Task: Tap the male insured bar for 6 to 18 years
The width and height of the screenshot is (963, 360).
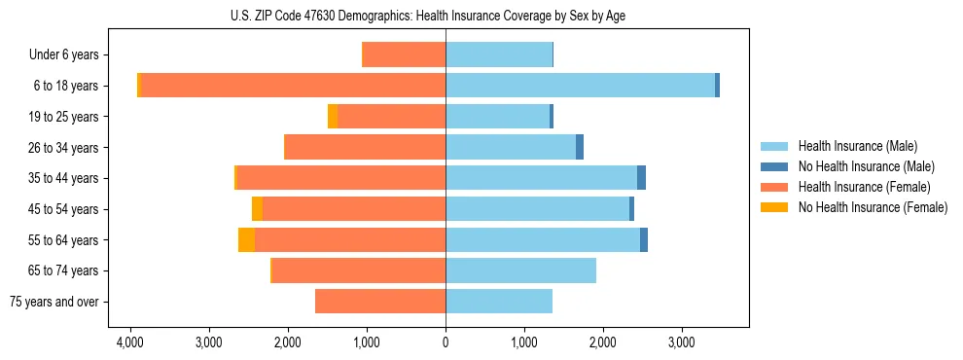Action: click(x=580, y=86)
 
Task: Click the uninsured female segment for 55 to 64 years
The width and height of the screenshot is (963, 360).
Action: click(x=246, y=240)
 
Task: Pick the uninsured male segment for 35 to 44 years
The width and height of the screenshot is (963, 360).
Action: click(x=641, y=178)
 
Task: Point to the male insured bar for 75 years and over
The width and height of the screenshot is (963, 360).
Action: click(x=499, y=302)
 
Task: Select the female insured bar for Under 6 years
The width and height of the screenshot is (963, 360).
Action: click(x=404, y=55)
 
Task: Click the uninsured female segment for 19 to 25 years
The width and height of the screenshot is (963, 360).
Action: click(x=333, y=117)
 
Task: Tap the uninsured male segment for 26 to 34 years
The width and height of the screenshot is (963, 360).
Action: click(x=580, y=148)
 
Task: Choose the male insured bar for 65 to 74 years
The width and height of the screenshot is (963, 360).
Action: click(x=520, y=270)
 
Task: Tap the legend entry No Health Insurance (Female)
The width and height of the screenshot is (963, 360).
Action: click(x=873, y=207)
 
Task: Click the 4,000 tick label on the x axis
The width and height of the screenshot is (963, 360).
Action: click(x=130, y=343)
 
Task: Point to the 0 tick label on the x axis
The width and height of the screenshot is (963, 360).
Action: click(x=446, y=343)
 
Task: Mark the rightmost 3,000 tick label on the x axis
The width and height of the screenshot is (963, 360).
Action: click(x=682, y=343)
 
